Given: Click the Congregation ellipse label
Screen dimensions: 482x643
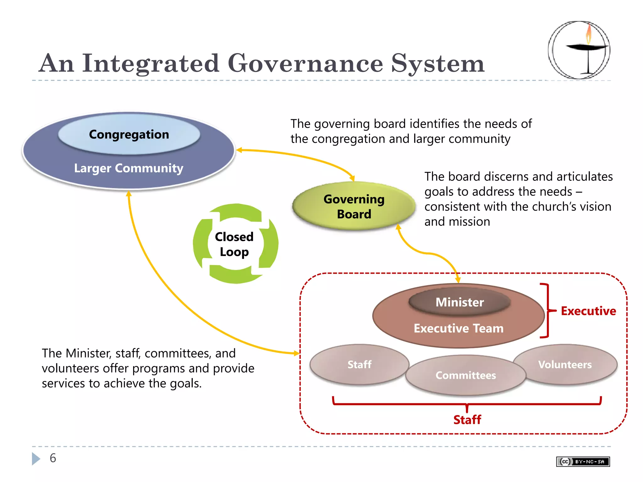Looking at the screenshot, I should (x=129, y=134).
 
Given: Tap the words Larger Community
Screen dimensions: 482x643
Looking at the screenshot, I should (x=128, y=168).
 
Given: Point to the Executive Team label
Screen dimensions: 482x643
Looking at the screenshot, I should (x=458, y=328).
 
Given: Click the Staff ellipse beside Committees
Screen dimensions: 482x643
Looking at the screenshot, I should (x=359, y=364).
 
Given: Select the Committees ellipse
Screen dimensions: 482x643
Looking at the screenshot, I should (x=465, y=375).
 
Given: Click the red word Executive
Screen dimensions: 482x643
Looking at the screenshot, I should (x=588, y=311).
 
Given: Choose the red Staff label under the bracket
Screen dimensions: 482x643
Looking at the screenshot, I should (x=467, y=420).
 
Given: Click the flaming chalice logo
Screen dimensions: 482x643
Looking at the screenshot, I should (x=579, y=50).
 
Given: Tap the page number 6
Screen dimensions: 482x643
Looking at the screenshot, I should (x=53, y=458).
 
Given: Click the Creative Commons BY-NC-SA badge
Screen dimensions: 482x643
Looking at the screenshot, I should (x=583, y=462).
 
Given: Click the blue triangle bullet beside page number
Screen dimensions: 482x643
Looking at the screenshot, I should (x=36, y=458).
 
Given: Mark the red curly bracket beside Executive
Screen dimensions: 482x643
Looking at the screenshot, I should (x=547, y=311).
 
